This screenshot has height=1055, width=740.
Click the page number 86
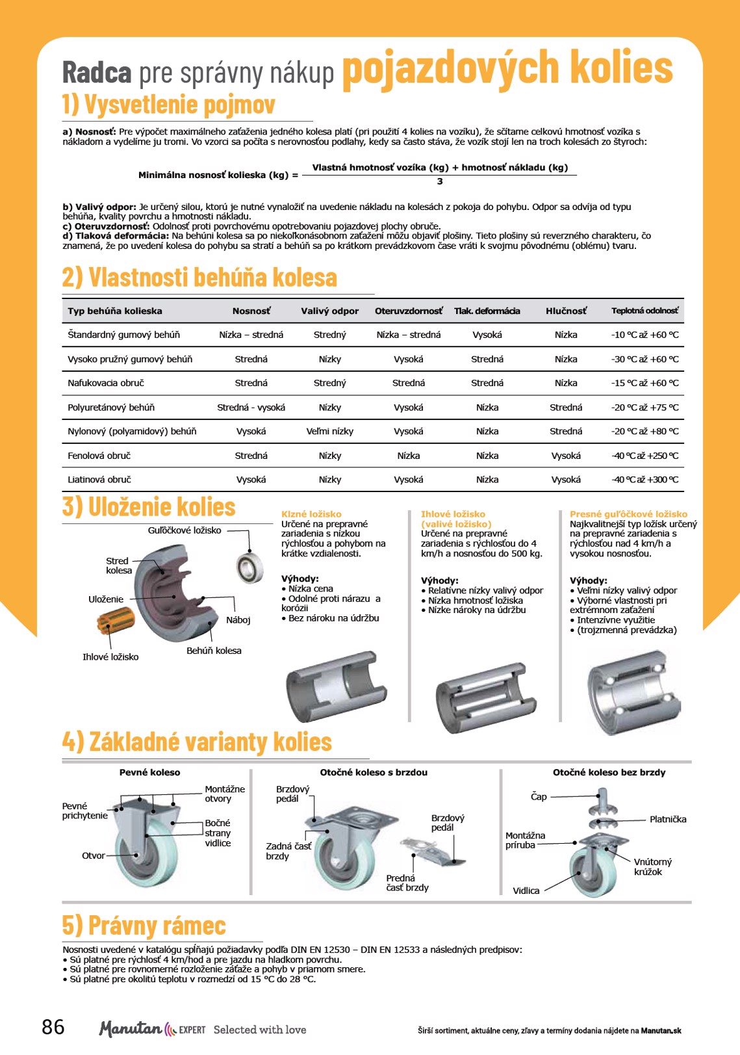53,1026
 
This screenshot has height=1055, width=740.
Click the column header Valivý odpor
329,311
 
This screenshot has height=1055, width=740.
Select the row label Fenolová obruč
99,456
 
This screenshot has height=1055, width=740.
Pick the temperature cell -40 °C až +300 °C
644,480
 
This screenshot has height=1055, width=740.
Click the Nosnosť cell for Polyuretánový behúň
251,408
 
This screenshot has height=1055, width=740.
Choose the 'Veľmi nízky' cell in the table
329,432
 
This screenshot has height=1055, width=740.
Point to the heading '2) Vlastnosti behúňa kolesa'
199,278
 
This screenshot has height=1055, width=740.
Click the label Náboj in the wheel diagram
238,620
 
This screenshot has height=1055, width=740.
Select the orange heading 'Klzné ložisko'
311,514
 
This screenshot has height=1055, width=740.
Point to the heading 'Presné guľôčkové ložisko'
628,514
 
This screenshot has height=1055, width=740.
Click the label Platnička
668,819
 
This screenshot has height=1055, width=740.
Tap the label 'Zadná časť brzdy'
288,851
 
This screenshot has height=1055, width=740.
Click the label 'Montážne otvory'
225,794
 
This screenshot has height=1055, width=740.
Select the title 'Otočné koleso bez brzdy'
609,772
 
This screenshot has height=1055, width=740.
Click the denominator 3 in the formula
440,182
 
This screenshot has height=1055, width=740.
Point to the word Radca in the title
97,72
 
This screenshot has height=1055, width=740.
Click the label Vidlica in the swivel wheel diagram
526,891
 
